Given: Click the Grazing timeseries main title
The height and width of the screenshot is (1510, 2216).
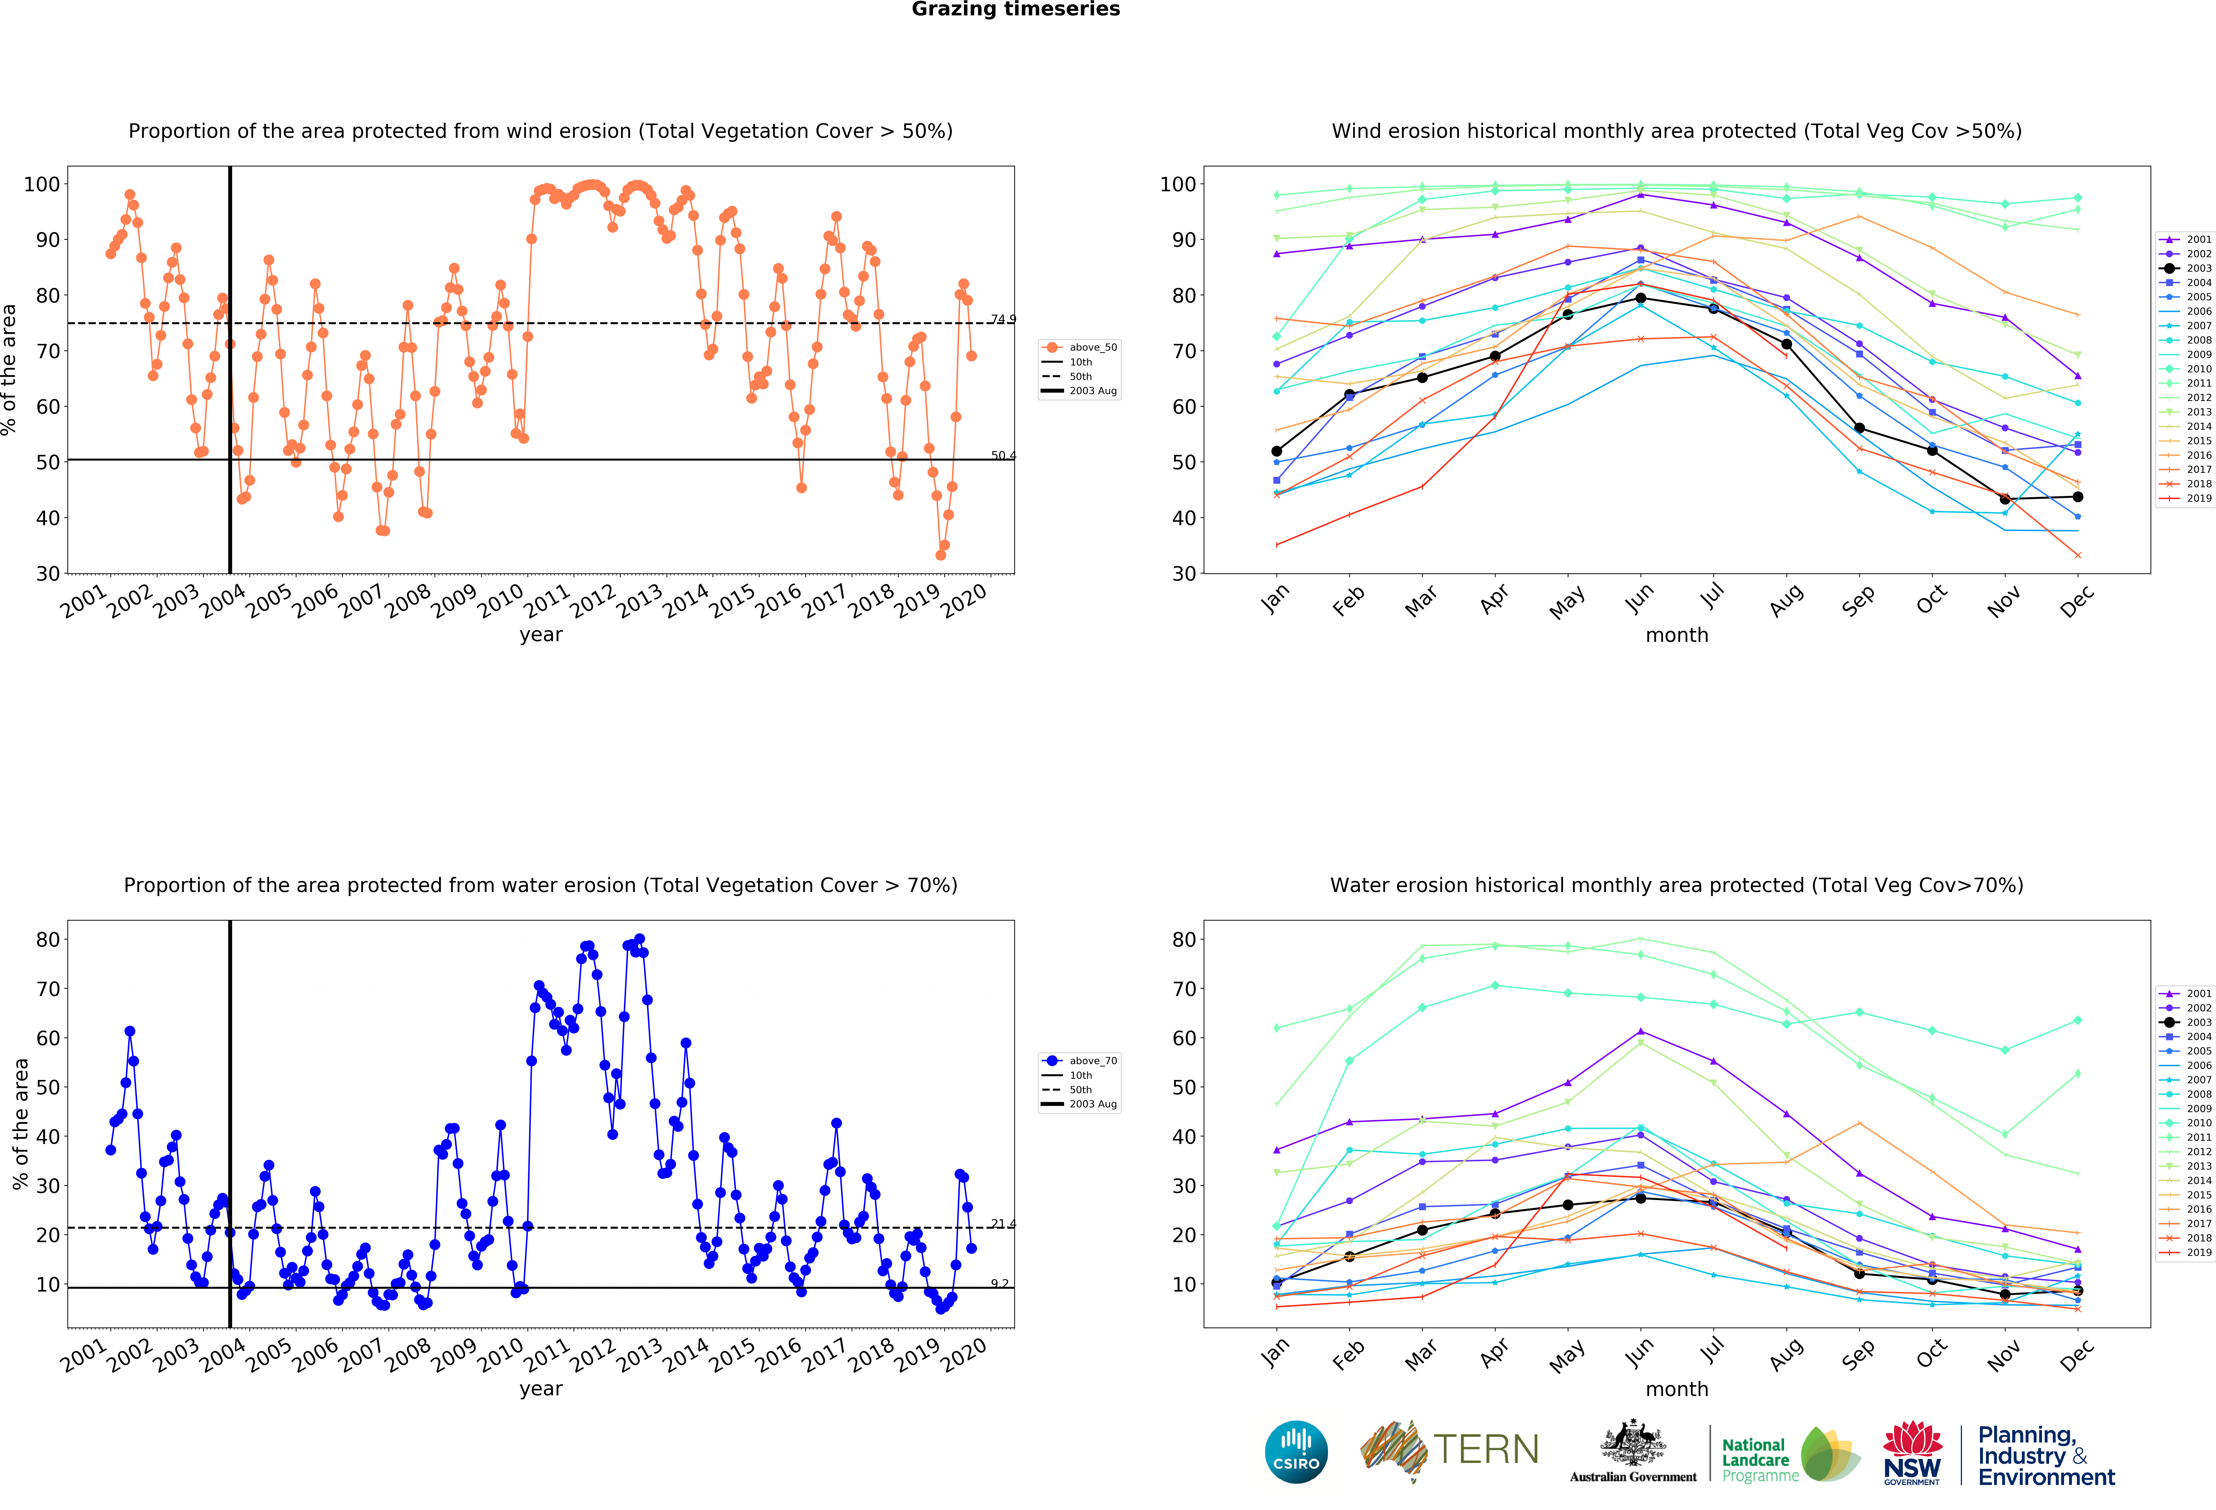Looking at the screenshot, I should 1015,9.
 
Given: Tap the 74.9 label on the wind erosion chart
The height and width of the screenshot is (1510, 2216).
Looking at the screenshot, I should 1003,319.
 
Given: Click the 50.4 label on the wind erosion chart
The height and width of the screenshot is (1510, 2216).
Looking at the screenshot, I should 1003,456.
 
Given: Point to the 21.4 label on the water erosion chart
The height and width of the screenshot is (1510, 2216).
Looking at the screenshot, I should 1003,1224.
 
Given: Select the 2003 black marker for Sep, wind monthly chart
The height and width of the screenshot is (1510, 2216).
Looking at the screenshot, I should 1859,428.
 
